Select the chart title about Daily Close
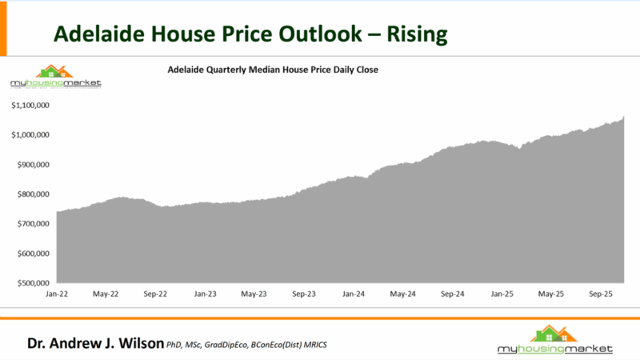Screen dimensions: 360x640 [x=272, y=70]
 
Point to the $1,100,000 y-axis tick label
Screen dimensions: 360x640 [x=31, y=105]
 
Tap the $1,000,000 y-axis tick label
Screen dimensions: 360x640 [x=31, y=134]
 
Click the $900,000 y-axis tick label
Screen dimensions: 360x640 [x=34, y=164]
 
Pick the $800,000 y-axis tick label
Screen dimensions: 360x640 [x=34, y=194]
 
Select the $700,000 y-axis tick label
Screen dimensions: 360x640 [x=34, y=223]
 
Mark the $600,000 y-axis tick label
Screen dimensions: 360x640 [x=34, y=254]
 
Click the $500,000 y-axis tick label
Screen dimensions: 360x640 [x=34, y=283]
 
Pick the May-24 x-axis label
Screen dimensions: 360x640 [x=403, y=294]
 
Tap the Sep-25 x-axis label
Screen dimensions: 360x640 [x=601, y=294]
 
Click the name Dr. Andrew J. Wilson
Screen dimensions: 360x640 [x=94, y=344]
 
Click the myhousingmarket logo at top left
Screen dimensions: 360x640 [x=55, y=78]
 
